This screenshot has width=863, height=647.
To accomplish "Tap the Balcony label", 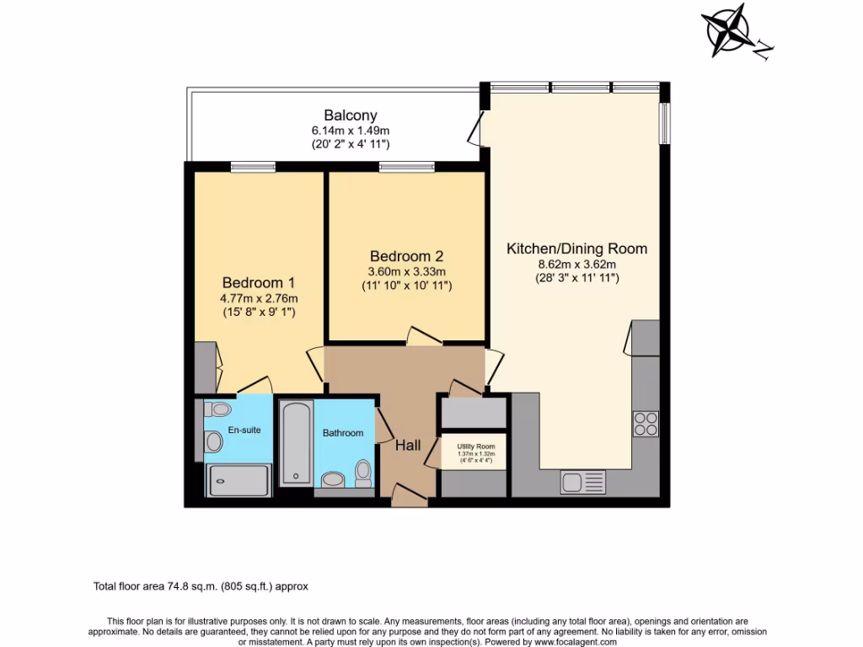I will pyautogui.click(x=351, y=115).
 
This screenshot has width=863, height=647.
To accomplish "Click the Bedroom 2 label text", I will pyautogui.click(x=406, y=256).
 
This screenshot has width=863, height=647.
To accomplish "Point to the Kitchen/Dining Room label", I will pyautogui.click(x=576, y=249).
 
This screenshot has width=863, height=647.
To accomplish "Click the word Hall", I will pyautogui.click(x=409, y=446).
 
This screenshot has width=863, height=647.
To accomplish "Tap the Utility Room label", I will pyautogui.click(x=476, y=446).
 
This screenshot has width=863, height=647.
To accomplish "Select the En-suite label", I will pyautogui.click(x=245, y=430).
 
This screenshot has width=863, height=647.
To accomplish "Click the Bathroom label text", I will pyautogui.click(x=343, y=433).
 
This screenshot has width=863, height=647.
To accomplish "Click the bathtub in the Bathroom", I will pyautogui.click(x=296, y=443).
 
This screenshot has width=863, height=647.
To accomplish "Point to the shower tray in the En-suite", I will pyautogui.click(x=239, y=480).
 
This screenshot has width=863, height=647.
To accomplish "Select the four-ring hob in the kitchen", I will pyautogui.click(x=646, y=423).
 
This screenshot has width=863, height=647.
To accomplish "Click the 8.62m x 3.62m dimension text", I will pyautogui.click(x=576, y=264).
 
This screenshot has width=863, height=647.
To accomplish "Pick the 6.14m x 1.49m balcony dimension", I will pyautogui.click(x=351, y=131).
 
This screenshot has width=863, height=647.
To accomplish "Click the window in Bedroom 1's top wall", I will pyautogui.click(x=253, y=167).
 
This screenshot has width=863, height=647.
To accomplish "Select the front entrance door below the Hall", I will pyautogui.click(x=410, y=497).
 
